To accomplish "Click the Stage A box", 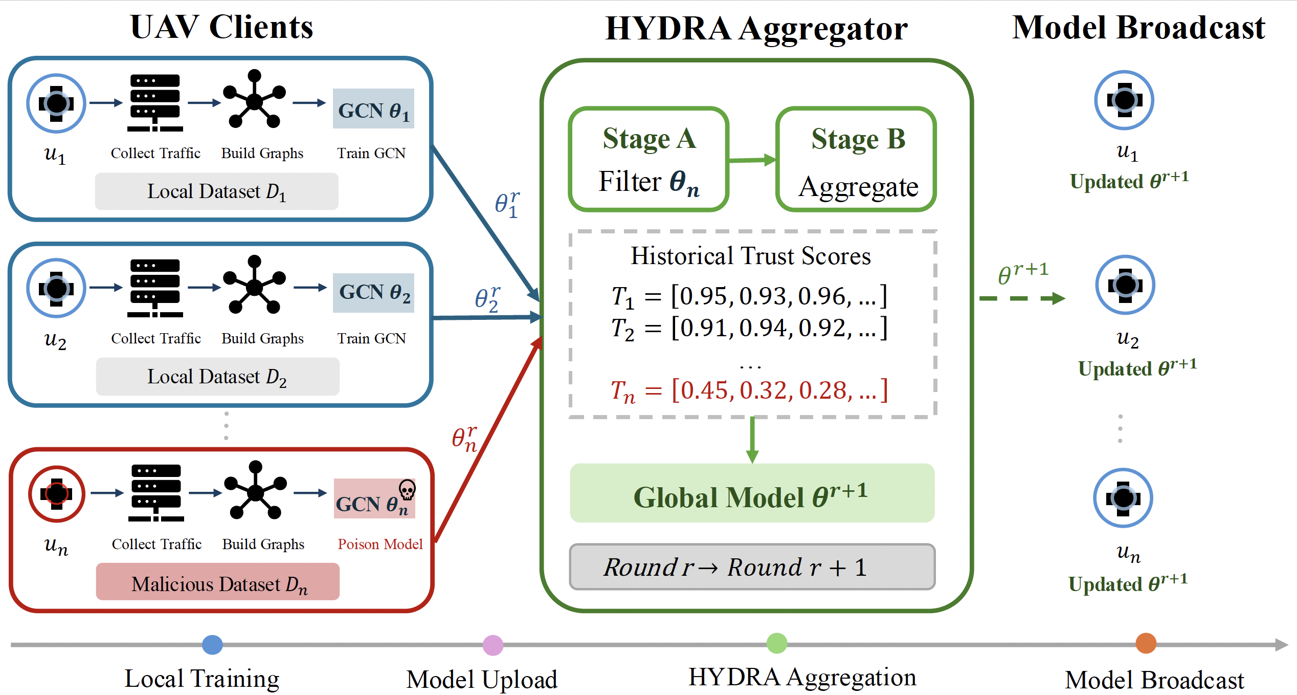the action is [648, 159].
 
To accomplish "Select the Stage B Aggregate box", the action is [856, 159].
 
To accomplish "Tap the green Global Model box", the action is [752, 493].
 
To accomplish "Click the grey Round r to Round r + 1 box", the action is [752, 567].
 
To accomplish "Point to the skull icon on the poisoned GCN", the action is [407, 490].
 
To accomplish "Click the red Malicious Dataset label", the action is [218, 582].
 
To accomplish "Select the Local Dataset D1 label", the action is [217, 191].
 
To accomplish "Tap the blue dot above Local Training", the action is [212, 645].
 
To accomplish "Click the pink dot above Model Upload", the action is [493, 645].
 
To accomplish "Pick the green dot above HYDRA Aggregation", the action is [777, 643].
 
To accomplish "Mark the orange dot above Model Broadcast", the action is [1146, 643].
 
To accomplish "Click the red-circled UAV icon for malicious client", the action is [57, 494].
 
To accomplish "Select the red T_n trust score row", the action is [749, 391].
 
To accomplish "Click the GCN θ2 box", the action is [373, 293].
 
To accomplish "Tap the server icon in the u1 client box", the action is [155, 103].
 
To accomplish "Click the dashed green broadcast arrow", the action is [1022, 298].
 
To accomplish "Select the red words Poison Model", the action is [380, 544].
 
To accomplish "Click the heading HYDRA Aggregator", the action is [756, 28].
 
